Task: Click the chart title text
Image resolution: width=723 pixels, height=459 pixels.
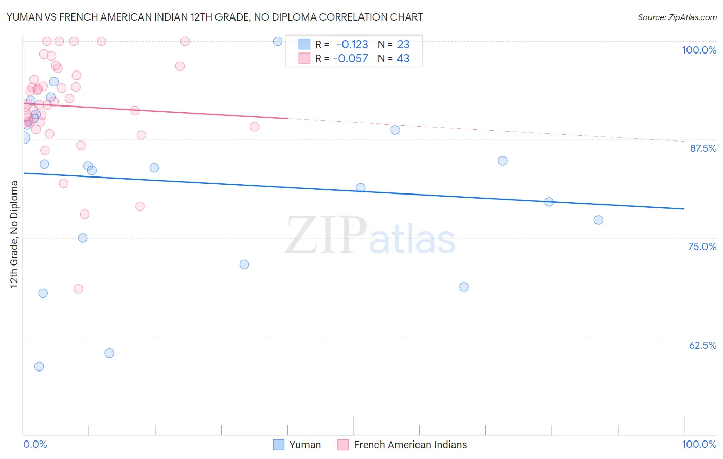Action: pyautogui.click(x=214, y=17)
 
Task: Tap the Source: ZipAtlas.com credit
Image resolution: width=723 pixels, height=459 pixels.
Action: pyautogui.click(x=677, y=17)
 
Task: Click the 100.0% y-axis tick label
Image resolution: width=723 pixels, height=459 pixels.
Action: pyautogui.click(x=699, y=50)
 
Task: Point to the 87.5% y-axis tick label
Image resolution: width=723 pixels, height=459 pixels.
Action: pyautogui.click(x=703, y=148)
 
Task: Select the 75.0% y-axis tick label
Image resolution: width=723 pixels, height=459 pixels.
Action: pyautogui.click(x=702, y=246)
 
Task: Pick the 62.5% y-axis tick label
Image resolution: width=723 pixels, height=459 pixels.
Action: pyautogui.click(x=702, y=345)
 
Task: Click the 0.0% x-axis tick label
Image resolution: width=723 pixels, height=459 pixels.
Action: pyautogui.click(x=35, y=444)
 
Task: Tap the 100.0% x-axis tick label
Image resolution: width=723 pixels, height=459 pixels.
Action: pyautogui.click(x=699, y=444)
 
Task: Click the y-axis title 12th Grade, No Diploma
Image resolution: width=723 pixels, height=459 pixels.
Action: pyautogui.click(x=14, y=234)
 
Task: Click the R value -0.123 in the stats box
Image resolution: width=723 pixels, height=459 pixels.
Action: pyautogui.click(x=352, y=45)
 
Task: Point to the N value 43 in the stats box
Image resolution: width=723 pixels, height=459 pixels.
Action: pyautogui.click(x=403, y=59)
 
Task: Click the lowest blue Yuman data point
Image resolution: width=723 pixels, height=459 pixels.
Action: pyautogui.click(x=39, y=367)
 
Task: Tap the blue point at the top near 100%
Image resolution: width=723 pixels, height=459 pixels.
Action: pyautogui.click(x=278, y=41)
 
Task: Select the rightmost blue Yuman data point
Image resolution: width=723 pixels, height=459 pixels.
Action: pyautogui.click(x=598, y=220)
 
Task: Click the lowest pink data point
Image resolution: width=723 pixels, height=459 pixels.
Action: pyautogui.click(x=78, y=289)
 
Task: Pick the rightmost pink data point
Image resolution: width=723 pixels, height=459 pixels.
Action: pyautogui.click(x=255, y=127)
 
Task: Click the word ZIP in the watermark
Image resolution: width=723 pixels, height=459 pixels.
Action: pyautogui.click(x=326, y=235)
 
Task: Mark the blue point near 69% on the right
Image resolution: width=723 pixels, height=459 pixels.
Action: pyautogui.click(x=464, y=287)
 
